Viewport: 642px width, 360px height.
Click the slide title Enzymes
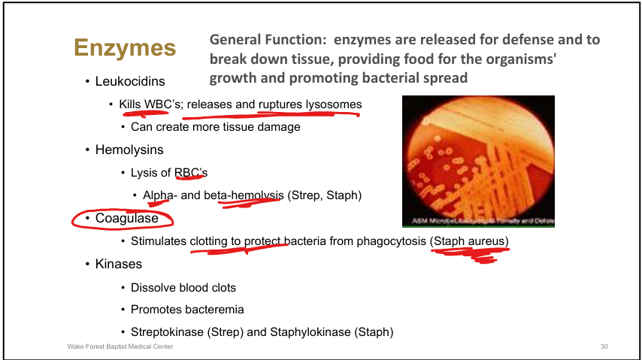(124, 49)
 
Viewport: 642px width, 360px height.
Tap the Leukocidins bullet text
(129, 81)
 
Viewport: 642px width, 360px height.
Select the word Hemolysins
(129, 150)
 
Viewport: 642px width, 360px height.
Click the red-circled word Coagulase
(127, 218)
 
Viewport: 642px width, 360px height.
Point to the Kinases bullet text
(118, 264)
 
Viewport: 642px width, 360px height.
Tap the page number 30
(604, 346)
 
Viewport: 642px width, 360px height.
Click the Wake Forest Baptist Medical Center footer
(120, 346)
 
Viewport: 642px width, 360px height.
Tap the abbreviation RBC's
(191, 173)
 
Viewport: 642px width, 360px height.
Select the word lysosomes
(332, 104)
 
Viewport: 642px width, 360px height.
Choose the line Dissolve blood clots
(183, 287)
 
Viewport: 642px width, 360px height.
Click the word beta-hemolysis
(244, 195)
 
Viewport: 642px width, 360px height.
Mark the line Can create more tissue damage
(215, 127)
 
